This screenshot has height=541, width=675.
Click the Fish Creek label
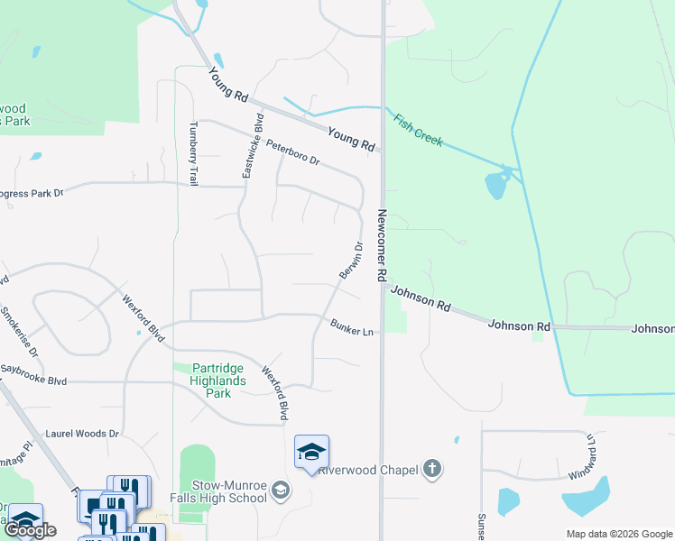[416, 128]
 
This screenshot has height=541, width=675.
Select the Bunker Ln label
[352, 327]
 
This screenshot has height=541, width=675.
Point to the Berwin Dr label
[350, 260]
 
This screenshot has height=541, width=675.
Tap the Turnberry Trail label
[193, 153]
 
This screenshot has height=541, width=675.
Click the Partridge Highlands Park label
[213, 381]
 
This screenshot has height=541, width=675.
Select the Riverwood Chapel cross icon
[433, 468]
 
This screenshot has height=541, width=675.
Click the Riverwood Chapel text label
[366, 469]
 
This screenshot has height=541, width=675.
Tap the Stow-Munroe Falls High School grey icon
[280, 491]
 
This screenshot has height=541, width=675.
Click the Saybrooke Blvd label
[33, 381]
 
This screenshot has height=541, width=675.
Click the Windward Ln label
[582, 457]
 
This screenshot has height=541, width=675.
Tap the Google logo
[30, 530]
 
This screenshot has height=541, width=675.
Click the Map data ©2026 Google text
[619, 534]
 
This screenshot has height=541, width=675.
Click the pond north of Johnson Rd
[495, 185]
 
